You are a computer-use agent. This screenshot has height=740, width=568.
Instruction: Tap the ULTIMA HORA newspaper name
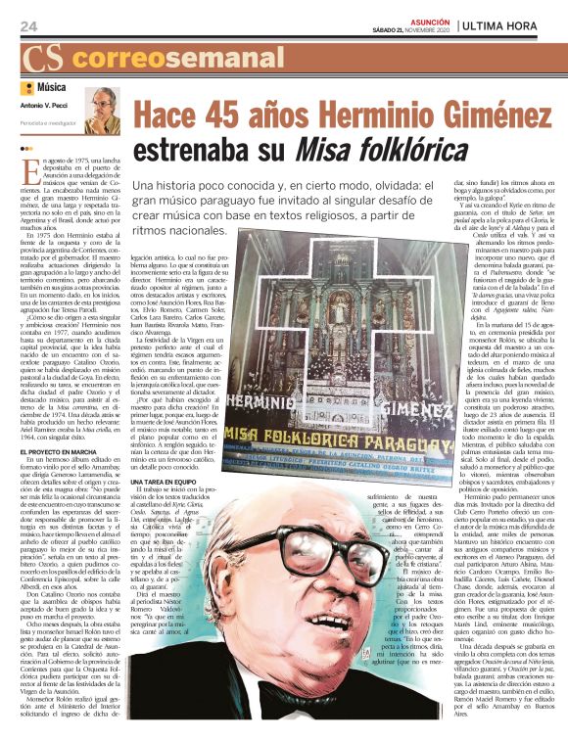pos(508,23)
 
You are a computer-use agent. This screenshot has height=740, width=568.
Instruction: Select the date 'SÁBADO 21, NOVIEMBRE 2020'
pos(414,29)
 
